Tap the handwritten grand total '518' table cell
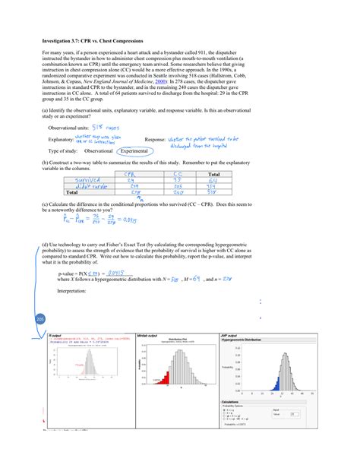coord(225,193)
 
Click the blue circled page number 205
coord(40,319)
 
